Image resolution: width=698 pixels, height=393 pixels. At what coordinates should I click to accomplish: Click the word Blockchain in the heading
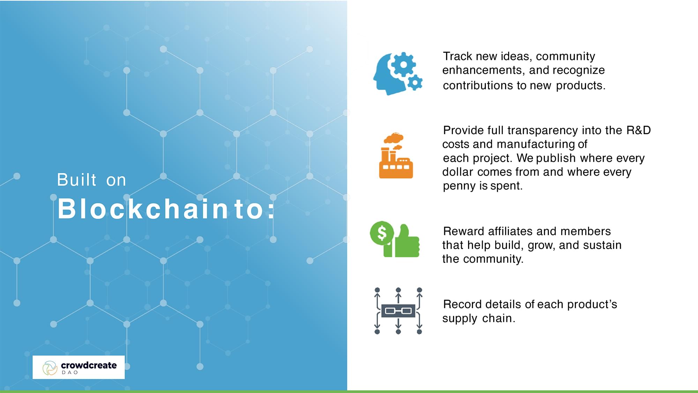(143, 209)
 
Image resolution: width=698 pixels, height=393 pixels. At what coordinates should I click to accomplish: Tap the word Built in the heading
(76, 180)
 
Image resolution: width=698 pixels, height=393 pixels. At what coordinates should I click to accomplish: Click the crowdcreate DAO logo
(79, 367)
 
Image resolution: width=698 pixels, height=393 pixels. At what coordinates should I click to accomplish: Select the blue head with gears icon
(398, 73)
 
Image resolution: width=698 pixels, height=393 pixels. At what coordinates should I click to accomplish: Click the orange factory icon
(396, 156)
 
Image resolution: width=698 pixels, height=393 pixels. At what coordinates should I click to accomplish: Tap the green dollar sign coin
(382, 233)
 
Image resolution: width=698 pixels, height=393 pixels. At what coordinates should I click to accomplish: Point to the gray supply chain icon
(398, 311)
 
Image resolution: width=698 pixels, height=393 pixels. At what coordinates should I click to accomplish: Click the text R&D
(638, 130)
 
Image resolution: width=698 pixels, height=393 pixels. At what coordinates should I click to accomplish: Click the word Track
(458, 56)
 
